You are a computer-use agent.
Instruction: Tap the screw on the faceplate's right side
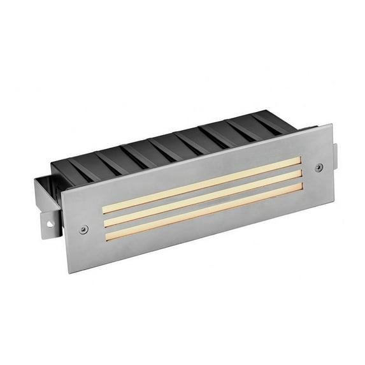319,167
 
